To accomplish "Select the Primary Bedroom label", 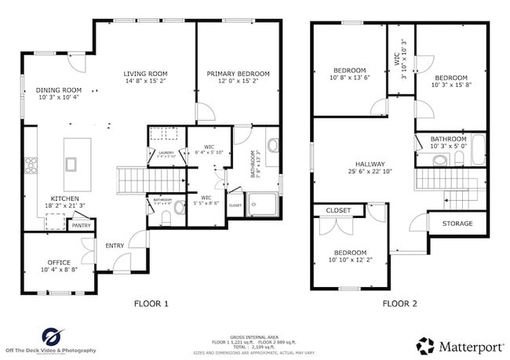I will click(238, 74).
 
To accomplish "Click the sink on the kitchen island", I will click(72, 163).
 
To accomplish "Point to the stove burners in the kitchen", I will click(33, 165).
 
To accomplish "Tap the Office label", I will click(59, 262).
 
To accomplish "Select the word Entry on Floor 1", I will click(115, 245).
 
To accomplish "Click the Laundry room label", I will click(166, 153).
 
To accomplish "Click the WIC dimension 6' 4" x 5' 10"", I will click(209, 151).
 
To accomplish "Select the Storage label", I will click(457, 224).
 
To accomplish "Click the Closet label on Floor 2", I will click(338, 210).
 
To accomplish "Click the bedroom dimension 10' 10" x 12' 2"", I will click(351, 260).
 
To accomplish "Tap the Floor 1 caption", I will click(151, 303).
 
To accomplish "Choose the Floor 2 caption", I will click(399, 303).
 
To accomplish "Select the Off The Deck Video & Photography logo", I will click(52, 340).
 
